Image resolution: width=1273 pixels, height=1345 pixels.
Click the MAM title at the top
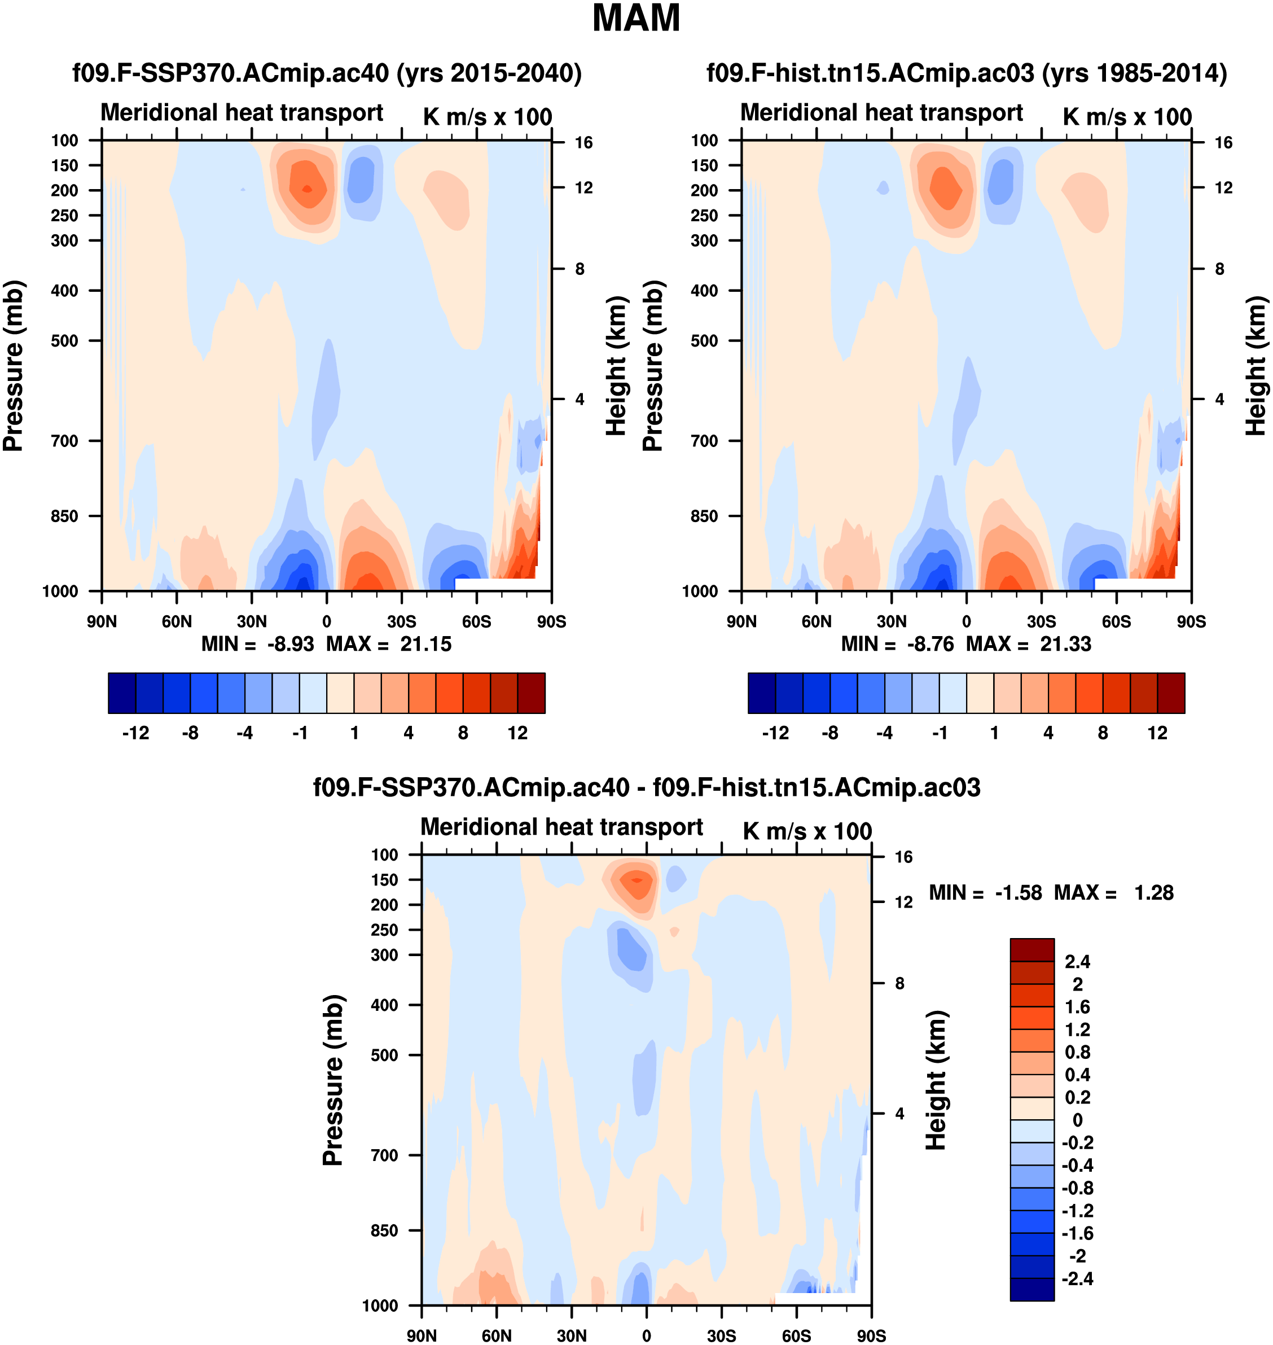coord(636,18)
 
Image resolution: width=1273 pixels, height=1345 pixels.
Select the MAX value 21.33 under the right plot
coord(1065,644)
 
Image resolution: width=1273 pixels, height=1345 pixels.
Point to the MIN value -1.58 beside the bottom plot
coord(1018,893)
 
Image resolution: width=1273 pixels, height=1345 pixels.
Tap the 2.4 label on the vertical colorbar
coord(1078,962)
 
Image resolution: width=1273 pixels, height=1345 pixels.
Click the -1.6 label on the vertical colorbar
coord(1078,1233)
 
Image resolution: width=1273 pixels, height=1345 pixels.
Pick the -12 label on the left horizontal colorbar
coord(136,733)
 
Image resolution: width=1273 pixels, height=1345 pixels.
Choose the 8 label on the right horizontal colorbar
coord(1103,733)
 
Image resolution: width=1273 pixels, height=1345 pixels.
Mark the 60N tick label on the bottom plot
coord(496,1335)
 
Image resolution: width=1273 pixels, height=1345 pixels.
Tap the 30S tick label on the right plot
coord(1041,621)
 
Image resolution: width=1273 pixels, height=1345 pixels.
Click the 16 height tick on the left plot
coord(583,142)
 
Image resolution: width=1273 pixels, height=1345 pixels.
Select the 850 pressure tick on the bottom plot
coord(384,1230)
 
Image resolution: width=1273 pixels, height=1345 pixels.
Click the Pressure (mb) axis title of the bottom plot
coord(333,1080)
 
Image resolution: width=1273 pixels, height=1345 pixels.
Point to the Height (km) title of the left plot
coord(616,366)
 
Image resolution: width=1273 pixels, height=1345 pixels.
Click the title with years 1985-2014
coord(966,73)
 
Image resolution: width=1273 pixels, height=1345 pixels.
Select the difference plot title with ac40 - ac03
coord(646,787)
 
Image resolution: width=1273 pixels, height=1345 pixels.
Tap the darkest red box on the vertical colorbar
coord(1031,949)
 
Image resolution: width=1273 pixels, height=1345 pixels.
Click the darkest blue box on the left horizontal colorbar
coord(122,693)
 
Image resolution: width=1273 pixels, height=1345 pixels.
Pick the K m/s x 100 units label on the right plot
coord(1127,117)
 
